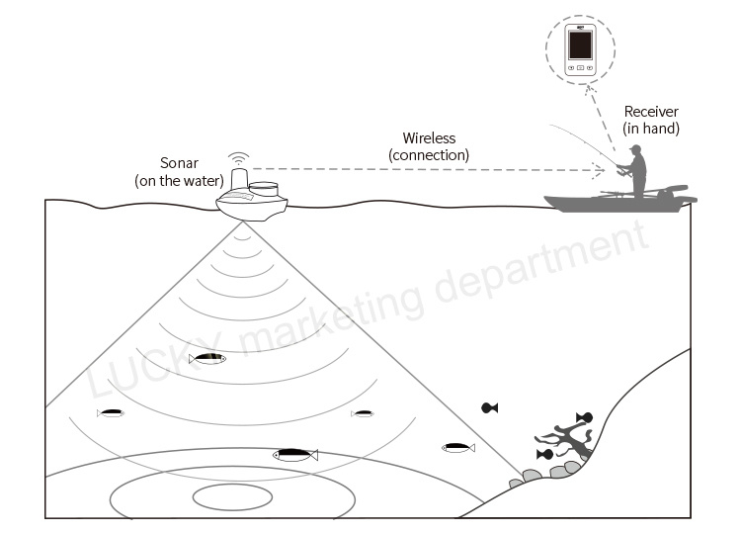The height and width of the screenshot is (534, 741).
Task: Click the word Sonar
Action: pyautogui.click(x=179, y=163)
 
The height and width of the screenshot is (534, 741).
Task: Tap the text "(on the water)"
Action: pyautogui.click(x=179, y=181)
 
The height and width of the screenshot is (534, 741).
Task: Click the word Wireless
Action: pyautogui.click(x=429, y=138)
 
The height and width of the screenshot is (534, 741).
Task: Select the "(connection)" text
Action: pyautogui.click(x=429, y=155)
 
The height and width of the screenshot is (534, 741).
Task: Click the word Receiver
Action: pyautogui.click(x=651, y=112)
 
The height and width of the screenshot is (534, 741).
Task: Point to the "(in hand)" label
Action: pyautogui.click(x=651, y=129)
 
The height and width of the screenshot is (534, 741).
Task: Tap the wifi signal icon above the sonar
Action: pyautogui.click(x=239, y=158)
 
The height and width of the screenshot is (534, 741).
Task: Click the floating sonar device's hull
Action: pyautogui.click(x=252, y=208)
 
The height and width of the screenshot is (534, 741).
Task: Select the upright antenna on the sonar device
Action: pyautogui.click(x=239, y=179)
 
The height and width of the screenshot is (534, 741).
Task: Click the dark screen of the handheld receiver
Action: pyautogui.click(x=580, y=44)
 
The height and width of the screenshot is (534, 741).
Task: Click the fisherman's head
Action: pyautogui.click(x=636, y=149)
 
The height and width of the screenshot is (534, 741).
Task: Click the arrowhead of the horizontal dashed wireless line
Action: pyautogui.click(x=600, y=170)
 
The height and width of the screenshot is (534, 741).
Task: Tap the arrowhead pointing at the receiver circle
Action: pyautogui.click(x=589, y=90)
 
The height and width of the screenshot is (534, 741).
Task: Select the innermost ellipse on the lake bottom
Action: pyautogui.click(x=232, y=497)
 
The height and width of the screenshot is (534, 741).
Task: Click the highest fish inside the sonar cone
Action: pyautogui.click(x=207, y=359)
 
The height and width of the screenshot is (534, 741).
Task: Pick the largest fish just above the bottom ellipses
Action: pyautogui.click(x=295, y=455)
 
